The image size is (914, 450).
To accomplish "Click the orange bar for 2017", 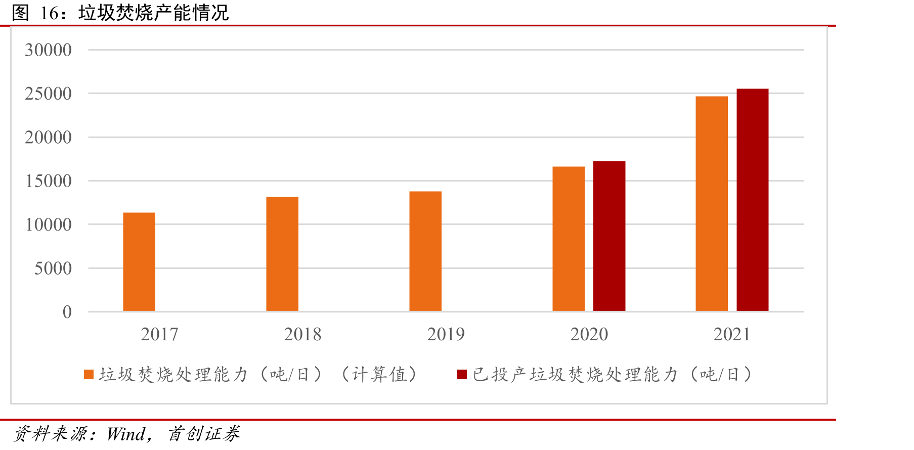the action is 139,262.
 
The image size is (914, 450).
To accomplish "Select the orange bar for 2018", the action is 282,254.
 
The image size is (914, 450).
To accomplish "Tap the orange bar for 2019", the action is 425,251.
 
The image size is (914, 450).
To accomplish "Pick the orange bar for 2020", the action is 569,239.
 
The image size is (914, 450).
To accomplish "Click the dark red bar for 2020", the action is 609,236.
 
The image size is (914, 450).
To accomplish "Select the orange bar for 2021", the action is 712,204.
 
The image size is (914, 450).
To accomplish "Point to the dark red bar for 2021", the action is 753,200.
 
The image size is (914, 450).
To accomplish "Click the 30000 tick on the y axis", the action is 48,50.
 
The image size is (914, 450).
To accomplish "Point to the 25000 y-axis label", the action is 48,94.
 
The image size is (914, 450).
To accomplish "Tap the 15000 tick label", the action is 48,181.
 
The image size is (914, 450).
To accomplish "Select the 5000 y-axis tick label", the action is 53,268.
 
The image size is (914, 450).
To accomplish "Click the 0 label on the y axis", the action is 67,312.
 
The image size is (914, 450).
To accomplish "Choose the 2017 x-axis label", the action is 159,334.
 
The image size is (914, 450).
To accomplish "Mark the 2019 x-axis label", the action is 446,334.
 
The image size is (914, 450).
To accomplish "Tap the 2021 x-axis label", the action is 732,334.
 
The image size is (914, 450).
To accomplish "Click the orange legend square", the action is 89,375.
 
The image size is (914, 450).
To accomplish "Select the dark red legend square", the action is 462,375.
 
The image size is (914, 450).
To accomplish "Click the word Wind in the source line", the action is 126,434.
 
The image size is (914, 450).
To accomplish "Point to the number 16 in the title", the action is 50,13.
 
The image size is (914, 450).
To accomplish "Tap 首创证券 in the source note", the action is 204,434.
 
